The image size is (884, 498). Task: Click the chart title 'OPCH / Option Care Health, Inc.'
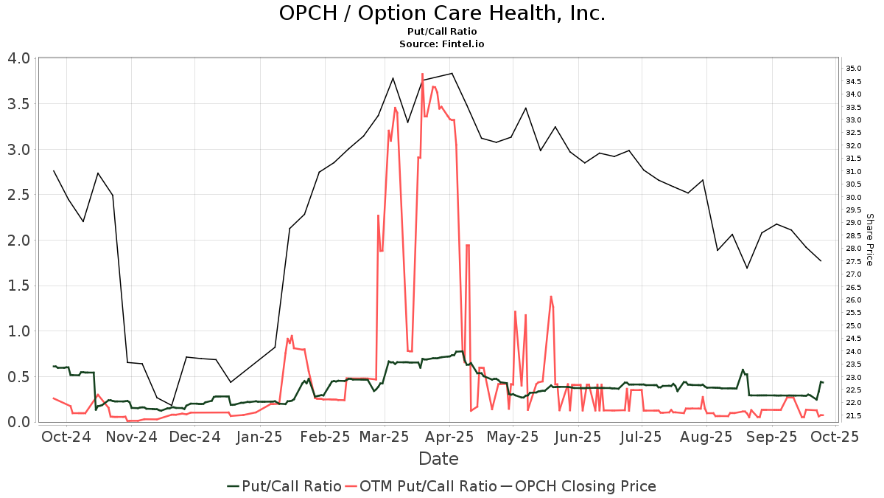[x=442, y=13]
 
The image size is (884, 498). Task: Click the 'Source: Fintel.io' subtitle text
[x=442, y=44]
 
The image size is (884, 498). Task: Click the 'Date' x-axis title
[x=438, y=459]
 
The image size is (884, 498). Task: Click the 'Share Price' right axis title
[x=869, y=239]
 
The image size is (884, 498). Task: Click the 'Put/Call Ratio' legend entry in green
[x=284, y=486]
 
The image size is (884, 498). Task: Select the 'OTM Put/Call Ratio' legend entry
[x=422, y=486]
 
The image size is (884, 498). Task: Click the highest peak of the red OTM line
[x=422, y=74]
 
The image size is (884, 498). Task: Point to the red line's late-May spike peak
[x=550, y=296]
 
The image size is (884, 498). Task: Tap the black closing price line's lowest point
[x=172, y=405]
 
